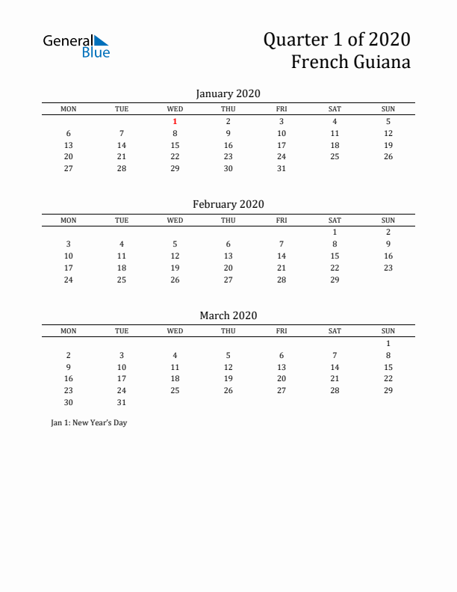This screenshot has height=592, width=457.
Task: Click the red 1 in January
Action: (175, 121)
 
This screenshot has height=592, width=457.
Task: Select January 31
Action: (282, 168)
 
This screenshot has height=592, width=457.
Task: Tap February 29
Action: (335, 280)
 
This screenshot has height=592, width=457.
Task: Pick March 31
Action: (122, 402)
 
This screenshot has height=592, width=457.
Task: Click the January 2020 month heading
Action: (228, 93)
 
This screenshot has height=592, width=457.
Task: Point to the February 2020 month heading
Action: (228, 204)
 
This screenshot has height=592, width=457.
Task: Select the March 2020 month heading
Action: (228, 315)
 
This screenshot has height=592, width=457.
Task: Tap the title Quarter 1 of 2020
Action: (336, 39)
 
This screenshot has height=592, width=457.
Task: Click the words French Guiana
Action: (350, 62)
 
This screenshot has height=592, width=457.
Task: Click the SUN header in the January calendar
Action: (388, 109)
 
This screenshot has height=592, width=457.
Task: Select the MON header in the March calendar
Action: (69, 331)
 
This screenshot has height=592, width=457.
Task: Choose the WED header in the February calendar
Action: (175, 220)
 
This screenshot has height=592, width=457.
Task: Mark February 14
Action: (282, 256)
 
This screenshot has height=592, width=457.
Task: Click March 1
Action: (388, 343)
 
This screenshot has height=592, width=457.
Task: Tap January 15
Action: (175, 145)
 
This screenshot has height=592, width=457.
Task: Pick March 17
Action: (122, 379)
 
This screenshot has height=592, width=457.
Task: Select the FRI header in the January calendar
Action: (282, 109)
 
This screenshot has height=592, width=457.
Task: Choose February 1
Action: (335, 232)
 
